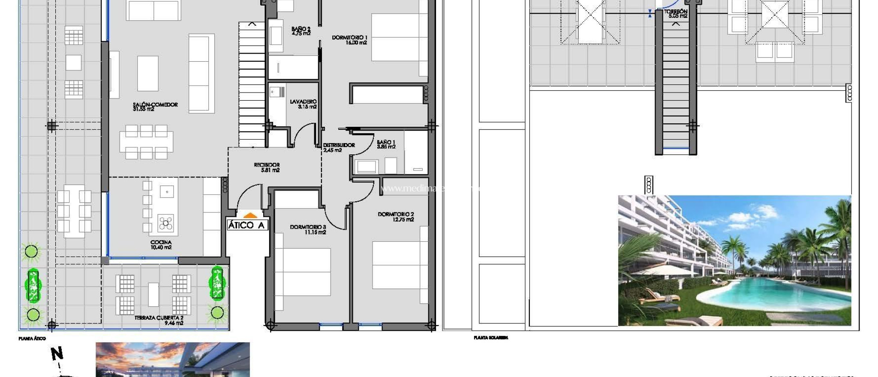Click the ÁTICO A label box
(x=247, y=225)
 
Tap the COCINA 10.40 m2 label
(x=161, y=245)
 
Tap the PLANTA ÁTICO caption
(x=32, y=338)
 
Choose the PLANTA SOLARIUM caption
(x=491, y=338)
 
